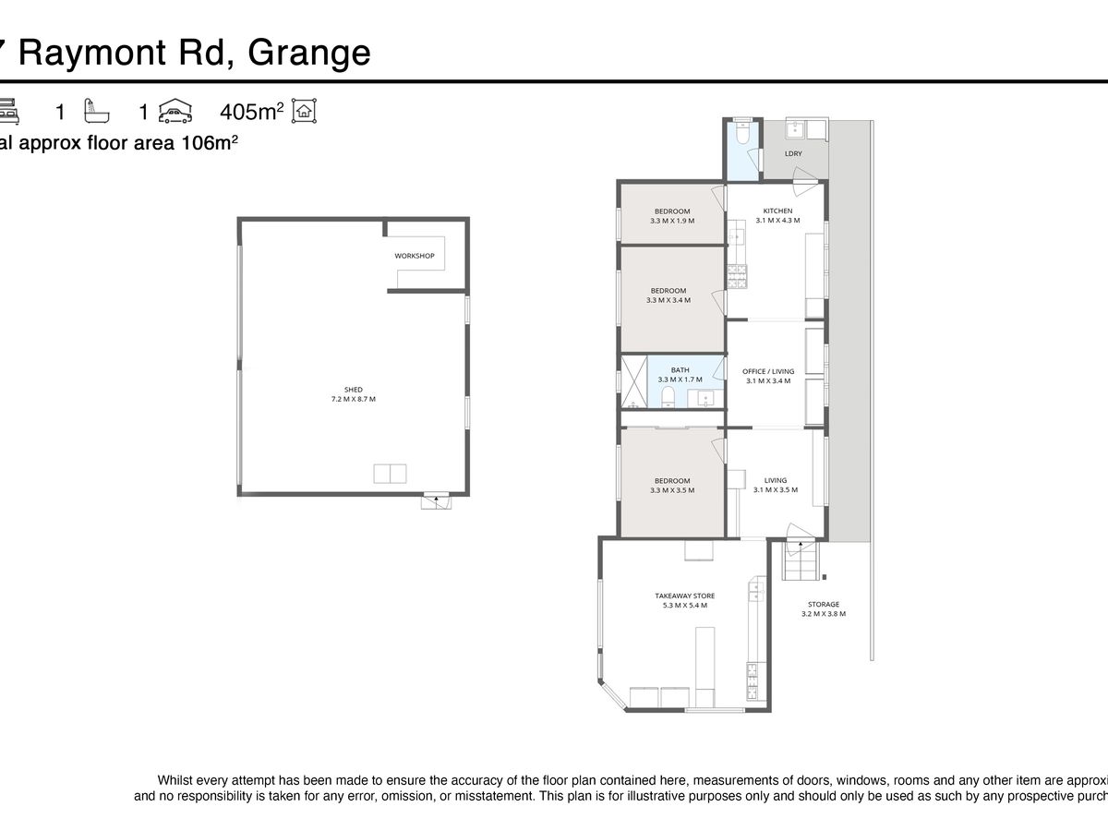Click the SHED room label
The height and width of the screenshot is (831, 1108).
tap(353, 390)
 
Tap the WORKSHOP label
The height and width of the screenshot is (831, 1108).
tap(414, 256)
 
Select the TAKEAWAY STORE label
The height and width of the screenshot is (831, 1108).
tap(685, 596)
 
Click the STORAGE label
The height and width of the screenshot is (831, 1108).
tap(824, 605)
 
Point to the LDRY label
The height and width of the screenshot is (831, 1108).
tap(793, 153)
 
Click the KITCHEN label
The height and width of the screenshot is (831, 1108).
tap(777, 211)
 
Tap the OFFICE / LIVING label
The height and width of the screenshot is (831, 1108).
tap(768, 371)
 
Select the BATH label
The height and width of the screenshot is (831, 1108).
tap(680, 370)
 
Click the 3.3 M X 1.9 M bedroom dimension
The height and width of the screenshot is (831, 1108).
tap(672, 222)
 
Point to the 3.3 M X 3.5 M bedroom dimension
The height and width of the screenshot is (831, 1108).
tap(672, 490)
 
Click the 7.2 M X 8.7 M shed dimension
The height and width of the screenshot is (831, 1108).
tap(353, 399)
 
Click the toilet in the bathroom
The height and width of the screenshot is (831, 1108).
tap(668, 398)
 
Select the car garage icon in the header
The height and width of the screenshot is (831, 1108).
tap(175, 113)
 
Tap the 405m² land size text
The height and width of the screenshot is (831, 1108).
tap(251, 112)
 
